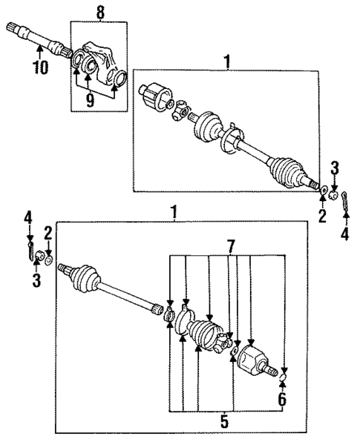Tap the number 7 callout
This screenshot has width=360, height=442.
pos(232,244)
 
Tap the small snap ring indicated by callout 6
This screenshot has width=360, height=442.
pos(282,381)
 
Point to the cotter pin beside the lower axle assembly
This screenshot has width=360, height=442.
pos(30,249)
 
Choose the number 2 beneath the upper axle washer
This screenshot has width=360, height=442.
pos(323,216)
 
